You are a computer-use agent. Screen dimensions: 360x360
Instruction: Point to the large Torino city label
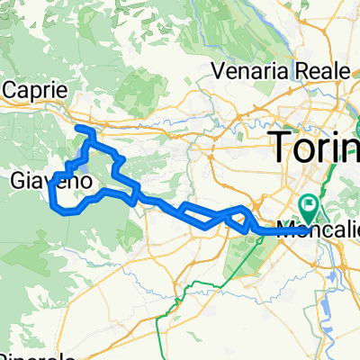[x=315, y=144]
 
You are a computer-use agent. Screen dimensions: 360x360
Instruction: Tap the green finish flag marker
[x=310, y=205]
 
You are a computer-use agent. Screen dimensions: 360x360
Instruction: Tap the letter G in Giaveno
[x=18, y=182]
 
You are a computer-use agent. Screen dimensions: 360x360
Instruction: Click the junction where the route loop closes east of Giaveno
[x=136, y=195]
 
